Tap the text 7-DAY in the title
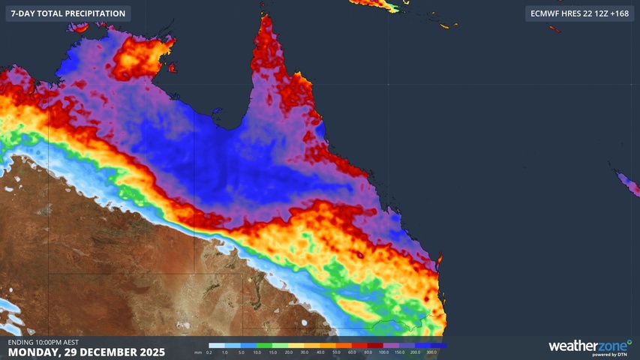(23, 13)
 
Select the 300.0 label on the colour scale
(431, 352)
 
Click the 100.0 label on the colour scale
(384, 352)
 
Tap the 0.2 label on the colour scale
(209, 352)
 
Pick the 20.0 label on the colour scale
(289, 352)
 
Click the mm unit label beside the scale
(197, 352)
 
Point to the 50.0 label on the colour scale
(336, 352)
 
